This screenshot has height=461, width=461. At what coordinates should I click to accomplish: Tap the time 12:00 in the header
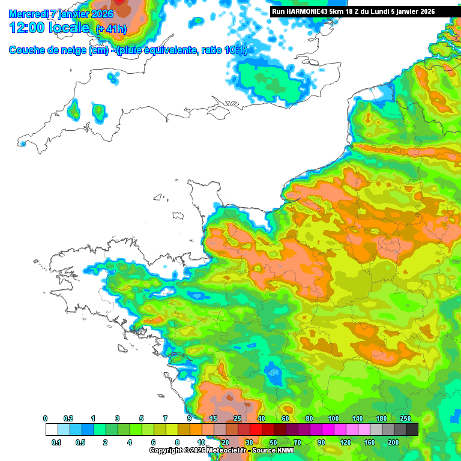click(28, 28)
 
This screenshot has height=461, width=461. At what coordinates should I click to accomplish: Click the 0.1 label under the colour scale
click(56, 442)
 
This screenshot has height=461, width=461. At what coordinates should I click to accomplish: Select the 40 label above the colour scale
click(261, 418)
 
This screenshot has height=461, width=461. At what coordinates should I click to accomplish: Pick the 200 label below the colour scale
click(393, 442)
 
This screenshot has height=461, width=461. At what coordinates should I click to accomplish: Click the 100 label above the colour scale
click(333, 418)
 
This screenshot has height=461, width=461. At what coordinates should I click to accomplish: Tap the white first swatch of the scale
click(52, 430)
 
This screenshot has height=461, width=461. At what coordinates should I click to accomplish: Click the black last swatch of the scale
click(412, 430)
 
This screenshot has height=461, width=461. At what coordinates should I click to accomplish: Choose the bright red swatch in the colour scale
click(256, 430)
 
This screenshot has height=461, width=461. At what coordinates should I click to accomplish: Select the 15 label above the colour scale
click(213, 418)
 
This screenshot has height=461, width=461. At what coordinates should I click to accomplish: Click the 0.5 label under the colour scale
click(80, 442)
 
